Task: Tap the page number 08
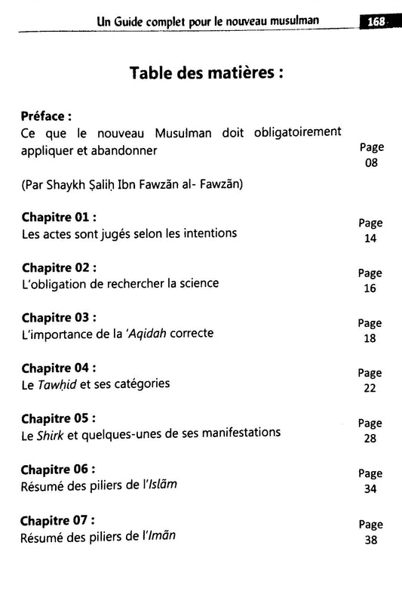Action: pos(370,163)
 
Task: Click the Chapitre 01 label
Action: pos(60,217)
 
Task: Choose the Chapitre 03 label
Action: pos(60,317)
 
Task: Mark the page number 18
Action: pos(370,339)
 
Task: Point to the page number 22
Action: pos(370,389)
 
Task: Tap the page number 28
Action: pos(370,439)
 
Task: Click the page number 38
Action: pos(370,541)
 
